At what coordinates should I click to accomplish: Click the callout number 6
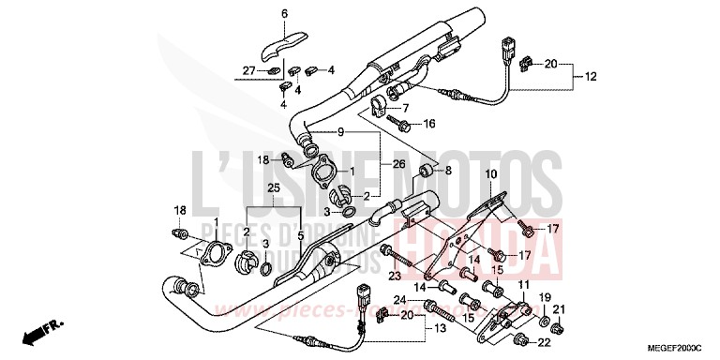285,13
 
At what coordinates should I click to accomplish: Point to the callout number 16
429,125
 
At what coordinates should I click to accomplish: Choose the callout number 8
447,171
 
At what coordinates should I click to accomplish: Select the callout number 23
394,277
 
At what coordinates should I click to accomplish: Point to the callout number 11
523,284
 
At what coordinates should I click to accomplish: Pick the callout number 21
561,310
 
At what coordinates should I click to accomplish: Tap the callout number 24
397,301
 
